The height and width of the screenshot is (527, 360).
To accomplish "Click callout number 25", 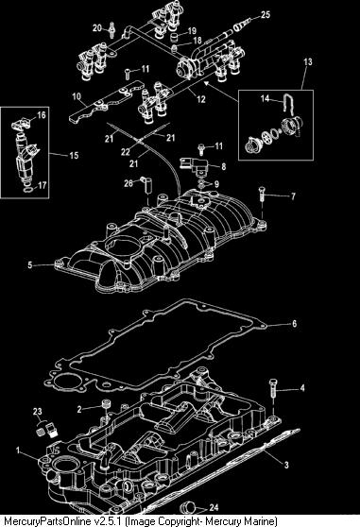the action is click(x=266, y=15).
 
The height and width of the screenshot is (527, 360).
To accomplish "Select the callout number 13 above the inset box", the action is click(x=308, y=61).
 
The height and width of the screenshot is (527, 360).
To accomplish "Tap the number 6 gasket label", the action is click(x=295, y=324).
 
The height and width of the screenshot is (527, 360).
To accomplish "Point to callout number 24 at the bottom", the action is click(x=214, y=507).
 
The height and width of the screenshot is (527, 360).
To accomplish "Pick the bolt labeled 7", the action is click(x=262, y=194).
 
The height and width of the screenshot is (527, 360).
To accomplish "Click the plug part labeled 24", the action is click(x=188, y=507).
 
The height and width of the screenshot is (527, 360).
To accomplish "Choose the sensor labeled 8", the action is click(x=195, y=165).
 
